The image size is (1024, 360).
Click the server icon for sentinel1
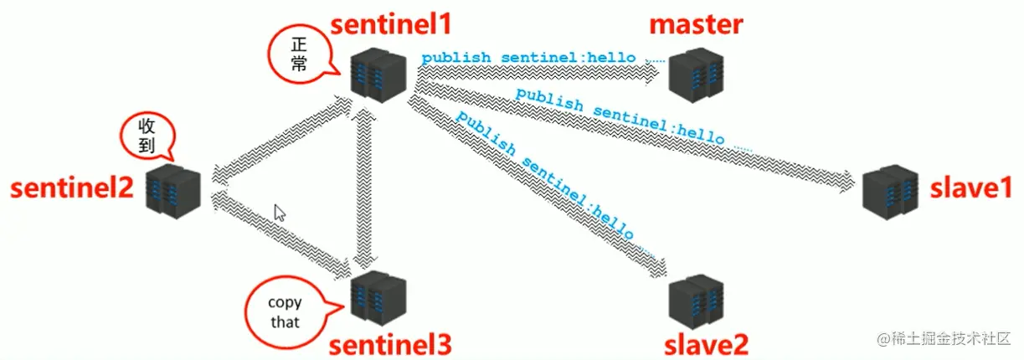(378, 69)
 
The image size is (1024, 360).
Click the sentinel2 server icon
(174, 189)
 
